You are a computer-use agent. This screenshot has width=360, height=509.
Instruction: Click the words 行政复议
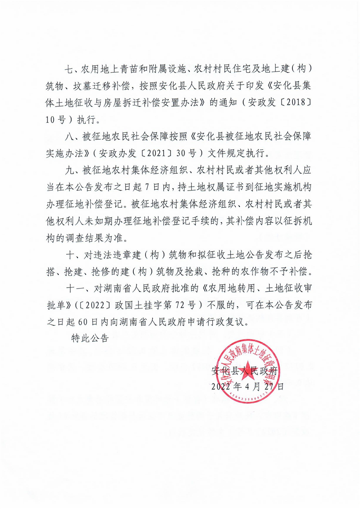click(x=230, y=322)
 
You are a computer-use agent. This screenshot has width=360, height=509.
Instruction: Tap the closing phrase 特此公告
click(x=90, y=338)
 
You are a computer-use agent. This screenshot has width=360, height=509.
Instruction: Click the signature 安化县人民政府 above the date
click(x=244, y=371)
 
